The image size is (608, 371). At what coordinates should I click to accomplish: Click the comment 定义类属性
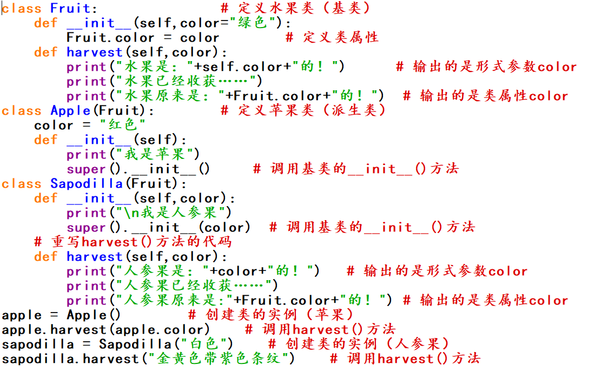pyautogui.click(x=332, y=37)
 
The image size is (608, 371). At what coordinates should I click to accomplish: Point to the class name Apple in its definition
pyautogui.click(x=70, y=110)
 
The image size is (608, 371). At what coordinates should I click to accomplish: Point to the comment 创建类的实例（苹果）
pyautogui.click(x=271, y=315)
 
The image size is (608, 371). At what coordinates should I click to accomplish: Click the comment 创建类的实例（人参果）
pyautogui.click(x=359, y=344)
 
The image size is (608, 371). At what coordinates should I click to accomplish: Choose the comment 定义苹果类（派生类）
pyautogui.click(x=304, y=110)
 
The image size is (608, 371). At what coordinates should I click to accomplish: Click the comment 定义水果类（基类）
pyautogui.click(x=296, y=8)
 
